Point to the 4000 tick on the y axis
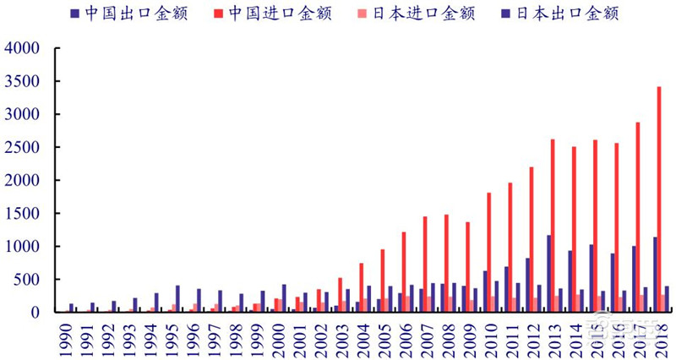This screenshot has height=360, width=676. click(22, 48)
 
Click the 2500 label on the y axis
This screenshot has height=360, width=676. click(22, 147)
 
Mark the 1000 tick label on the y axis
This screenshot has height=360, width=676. click(22, 246)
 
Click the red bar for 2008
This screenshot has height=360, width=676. click(445, 263)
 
